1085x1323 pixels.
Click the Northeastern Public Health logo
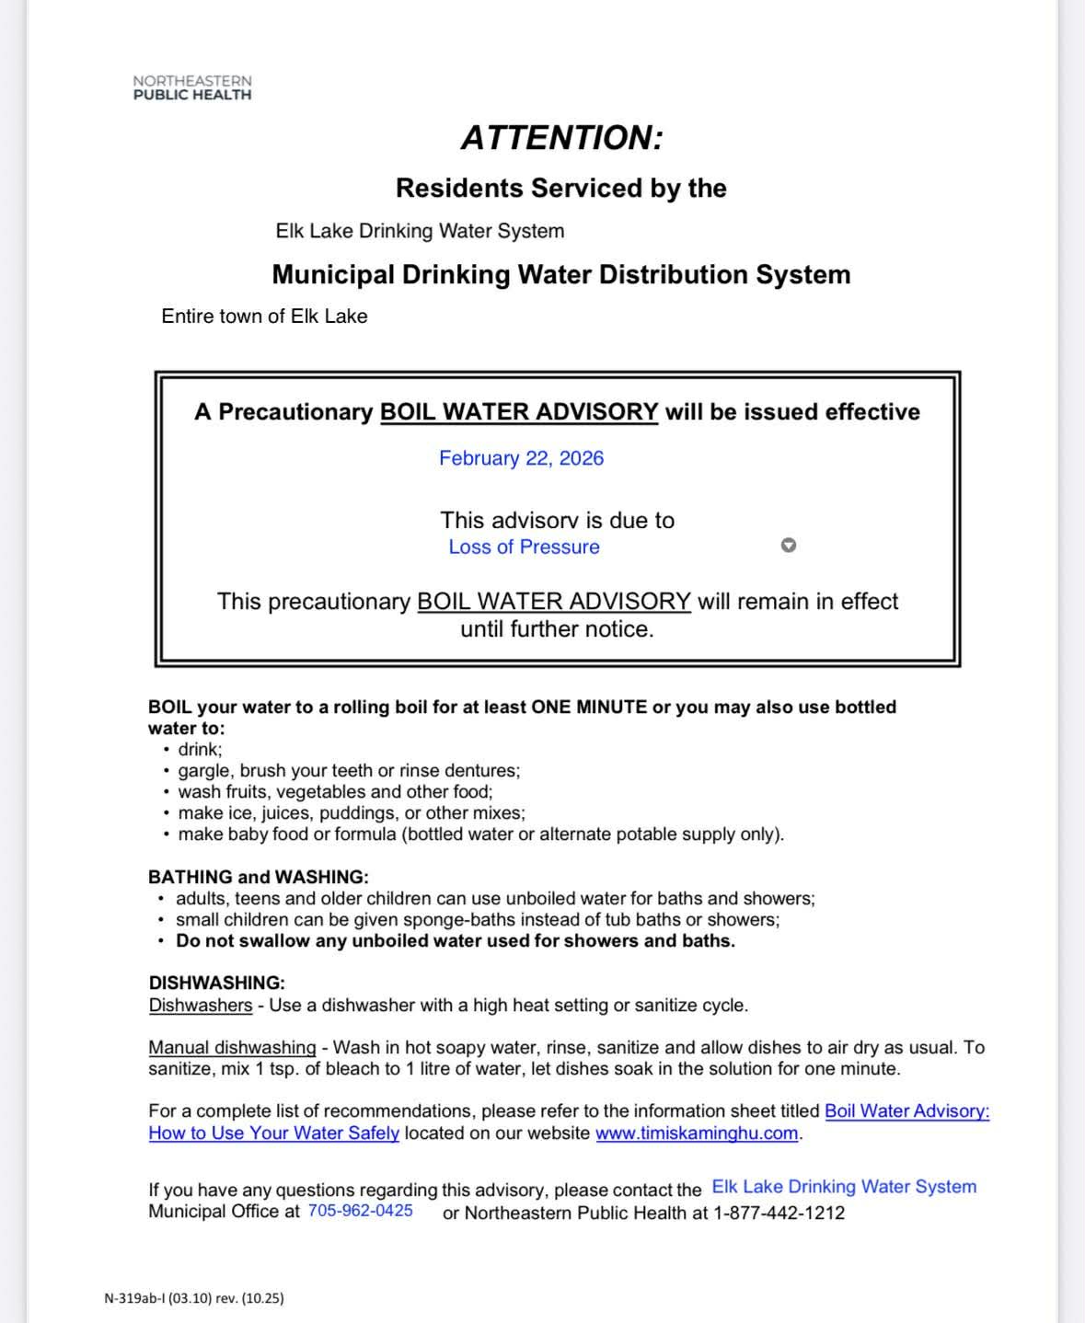pos(191,87)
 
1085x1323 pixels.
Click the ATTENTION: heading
pos(561,138)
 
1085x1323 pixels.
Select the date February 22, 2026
pos(521,458)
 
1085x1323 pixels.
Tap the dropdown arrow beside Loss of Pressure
pos(788,546)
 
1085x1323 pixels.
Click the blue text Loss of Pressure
pos(524,547)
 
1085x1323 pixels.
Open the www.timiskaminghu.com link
pos(696,1133)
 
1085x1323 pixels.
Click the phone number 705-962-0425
pos(360,1212)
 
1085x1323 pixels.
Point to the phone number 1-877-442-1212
pos(779,1213)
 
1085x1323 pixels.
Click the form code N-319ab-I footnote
pos(193,1298)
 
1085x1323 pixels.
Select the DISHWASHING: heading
pos(216,983)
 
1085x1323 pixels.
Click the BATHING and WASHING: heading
pos(258,877)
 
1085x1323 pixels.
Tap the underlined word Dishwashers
pos(200,1006)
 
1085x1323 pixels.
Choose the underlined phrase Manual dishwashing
pos(232,1048)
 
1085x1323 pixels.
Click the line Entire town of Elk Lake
pos(264,316)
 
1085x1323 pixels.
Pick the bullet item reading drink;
pos(200,750)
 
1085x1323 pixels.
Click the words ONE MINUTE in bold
pos(589,708)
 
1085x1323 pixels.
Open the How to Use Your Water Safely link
pos(273,1133)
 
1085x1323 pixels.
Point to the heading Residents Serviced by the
pos(560,189)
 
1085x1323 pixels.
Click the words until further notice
pos(557,629)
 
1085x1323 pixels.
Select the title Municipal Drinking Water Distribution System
pos(560,275)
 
